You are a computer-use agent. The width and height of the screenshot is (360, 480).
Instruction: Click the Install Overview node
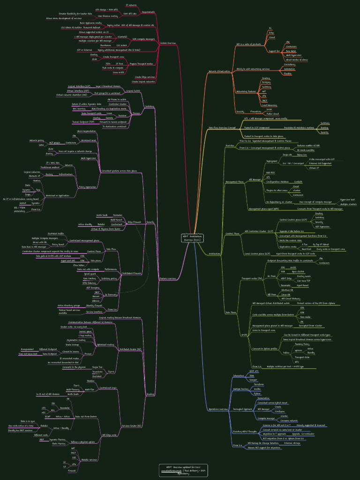[168, 43]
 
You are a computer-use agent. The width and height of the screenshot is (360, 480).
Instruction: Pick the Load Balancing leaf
[269, 105]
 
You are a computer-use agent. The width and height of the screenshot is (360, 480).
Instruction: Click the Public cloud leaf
[272, 114]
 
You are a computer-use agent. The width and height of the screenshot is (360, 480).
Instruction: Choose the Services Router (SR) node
[132, 426]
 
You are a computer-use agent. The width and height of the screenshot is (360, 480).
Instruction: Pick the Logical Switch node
[133, 91]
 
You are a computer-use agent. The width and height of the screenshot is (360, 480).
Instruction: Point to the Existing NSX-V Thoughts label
[245, 431]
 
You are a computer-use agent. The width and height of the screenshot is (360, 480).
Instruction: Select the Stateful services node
[89, 460]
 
